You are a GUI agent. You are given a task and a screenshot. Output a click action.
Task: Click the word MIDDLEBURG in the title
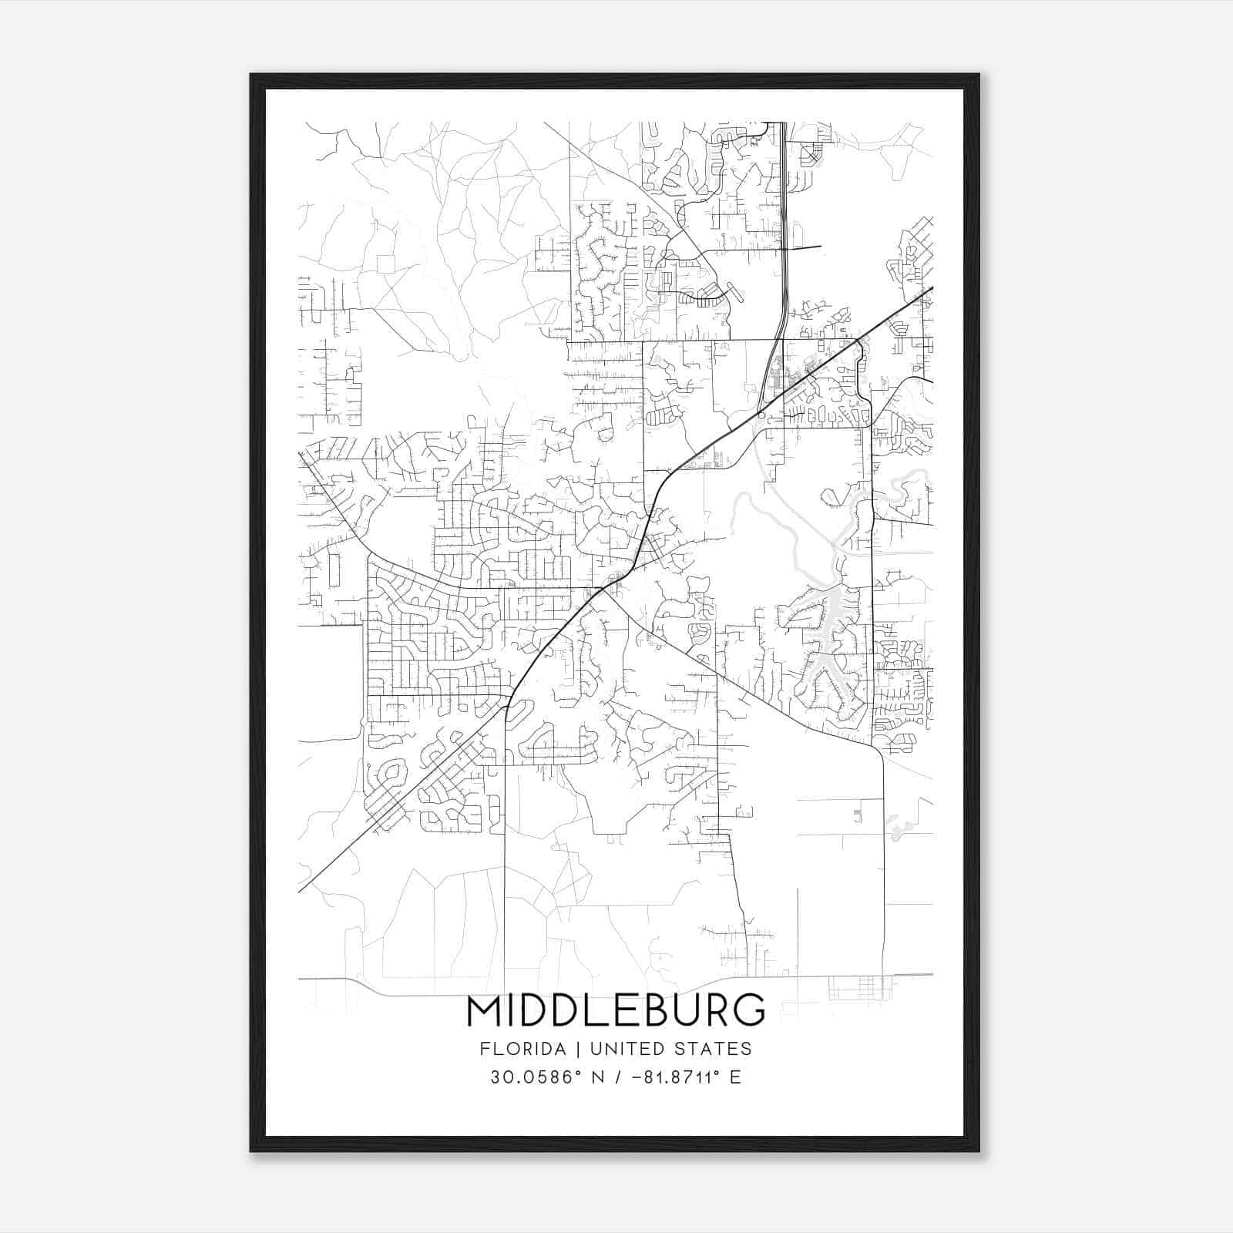[x=616, y=1010]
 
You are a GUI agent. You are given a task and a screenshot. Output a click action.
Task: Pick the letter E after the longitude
[x=735, y=1077]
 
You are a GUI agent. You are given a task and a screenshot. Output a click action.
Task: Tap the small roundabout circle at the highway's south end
[x=761, y=415]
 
